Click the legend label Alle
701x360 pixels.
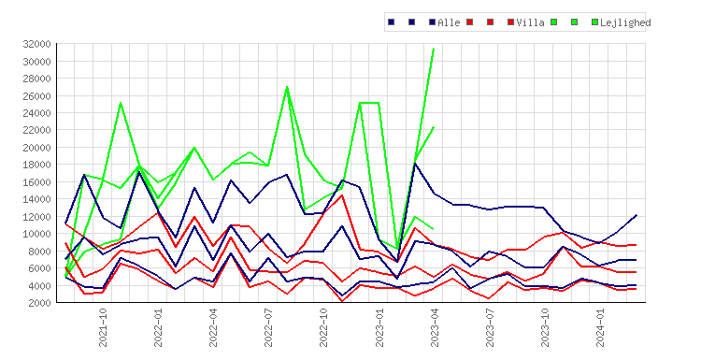tap(449, 22)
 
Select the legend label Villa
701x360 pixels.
tap(530, 22)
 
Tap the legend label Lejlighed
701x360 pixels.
tap(625, 22)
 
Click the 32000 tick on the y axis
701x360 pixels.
tap(36, 44)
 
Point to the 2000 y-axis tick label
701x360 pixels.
tap(39, 303)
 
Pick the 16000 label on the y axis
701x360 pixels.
tap(36, 182)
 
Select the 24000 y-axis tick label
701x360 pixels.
tap(36, 113)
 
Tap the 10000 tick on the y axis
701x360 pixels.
tap(36, 234)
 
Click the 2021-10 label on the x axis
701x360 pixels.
tap(103, 327)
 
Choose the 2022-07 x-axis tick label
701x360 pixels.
tap(268, 327)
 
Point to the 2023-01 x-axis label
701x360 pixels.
tap(379, 327)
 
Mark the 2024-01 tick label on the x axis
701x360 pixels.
tap(599, 327)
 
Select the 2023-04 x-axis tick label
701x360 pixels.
tap(434, 327)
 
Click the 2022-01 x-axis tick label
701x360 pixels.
tap(158, 327)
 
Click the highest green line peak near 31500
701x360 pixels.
tap(434, 49)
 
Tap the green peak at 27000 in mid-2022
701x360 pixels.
tap(287, 87)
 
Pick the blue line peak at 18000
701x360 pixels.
tap(415, 165)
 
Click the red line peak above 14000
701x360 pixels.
tap(342, 195)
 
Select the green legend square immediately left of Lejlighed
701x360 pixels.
tap(594, 22)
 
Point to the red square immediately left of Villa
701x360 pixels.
tap(510, 22)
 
